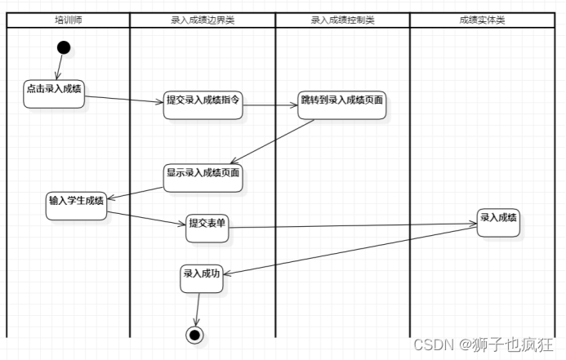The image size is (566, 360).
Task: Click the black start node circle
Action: coord(64,47)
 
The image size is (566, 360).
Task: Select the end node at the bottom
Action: coord(194,334)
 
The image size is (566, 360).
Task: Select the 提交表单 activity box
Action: coord(207,228)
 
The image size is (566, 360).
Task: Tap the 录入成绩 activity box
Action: coord(498,221)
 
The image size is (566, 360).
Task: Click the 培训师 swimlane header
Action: coord(68,20)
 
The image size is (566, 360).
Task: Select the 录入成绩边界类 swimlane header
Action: coord(203,20)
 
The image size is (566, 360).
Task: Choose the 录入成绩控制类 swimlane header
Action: coord(343,20)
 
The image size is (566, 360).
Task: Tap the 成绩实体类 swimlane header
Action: coord(482,20)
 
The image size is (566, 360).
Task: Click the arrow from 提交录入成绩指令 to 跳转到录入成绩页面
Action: coord(271,105)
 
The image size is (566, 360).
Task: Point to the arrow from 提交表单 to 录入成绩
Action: coord(351,225)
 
